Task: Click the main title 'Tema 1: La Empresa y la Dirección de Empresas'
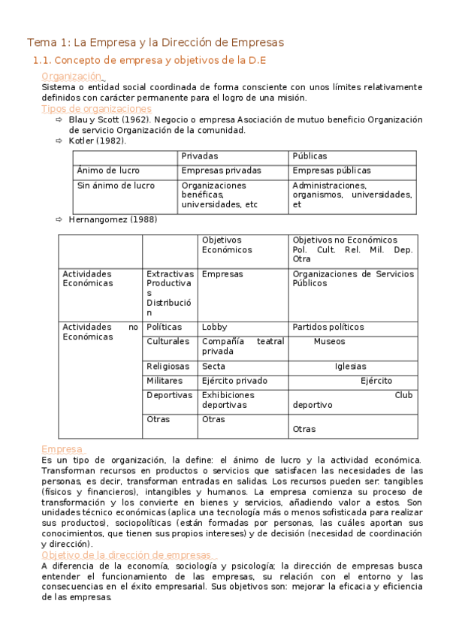tap(156, 42)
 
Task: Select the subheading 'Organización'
tap(71, 76)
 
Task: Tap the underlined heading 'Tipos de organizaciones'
tap(96, 108)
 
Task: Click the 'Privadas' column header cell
tap(200, 156)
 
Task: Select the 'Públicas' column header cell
tap(310, 156)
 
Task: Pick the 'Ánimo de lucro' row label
tap(108, 171)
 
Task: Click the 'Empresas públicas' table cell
tap(331, 171)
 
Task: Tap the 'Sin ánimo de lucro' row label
tap(116, 185)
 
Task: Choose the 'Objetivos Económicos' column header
tap(228, 245)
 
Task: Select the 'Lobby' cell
tap(214, 327)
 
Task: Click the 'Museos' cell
tap(329, 341)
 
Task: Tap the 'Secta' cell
tap(213, 366)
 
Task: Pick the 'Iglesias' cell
tap(350, 366)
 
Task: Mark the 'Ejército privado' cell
tap(234, 381)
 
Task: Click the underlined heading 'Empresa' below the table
tap(62, 448)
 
